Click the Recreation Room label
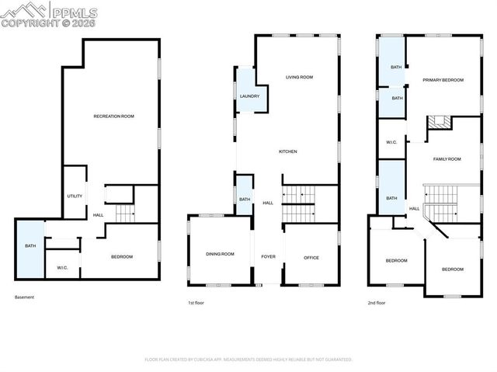point(113,116)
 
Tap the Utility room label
point(75,196)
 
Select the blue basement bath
point(30,246)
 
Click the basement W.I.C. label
point(63,268)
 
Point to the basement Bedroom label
point(120,257)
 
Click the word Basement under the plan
point(25,297)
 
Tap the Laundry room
point(249,96)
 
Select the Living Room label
point(299,77)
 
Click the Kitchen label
point(288,151)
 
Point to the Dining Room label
point(220,254)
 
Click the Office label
point(311,257)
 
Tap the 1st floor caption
point(196,303)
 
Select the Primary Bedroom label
point(443,80)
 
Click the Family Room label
point(447,158)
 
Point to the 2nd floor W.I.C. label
point(392,142)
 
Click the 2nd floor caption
point(376,303)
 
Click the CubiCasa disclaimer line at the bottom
point(248,360)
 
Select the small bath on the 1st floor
point(245,200)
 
